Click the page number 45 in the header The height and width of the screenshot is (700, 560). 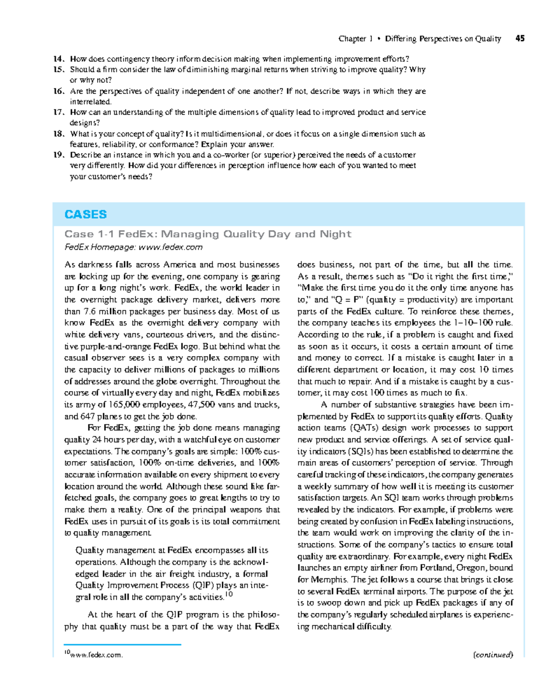520,39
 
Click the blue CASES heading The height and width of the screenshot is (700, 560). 85,214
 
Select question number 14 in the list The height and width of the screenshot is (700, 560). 58,59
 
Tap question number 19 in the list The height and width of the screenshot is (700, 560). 58,155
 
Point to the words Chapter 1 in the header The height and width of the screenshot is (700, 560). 355,39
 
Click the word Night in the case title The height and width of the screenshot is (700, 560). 336,234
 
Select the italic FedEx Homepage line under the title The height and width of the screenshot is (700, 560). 133,247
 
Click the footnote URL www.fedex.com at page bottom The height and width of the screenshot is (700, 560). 97,655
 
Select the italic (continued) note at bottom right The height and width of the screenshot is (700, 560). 493,655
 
